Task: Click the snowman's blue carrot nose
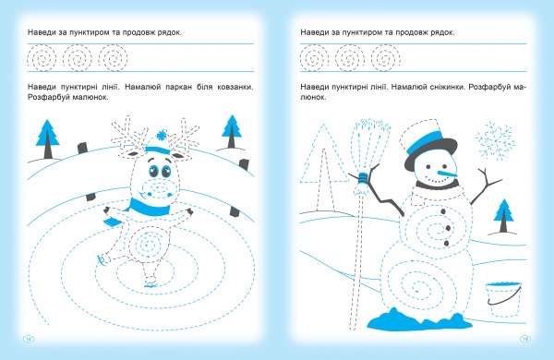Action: (448, 174)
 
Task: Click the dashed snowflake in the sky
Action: (494, 140)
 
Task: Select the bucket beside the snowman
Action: (504, 299)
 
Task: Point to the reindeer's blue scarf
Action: (149, 209)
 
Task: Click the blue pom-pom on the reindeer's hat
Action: (162, 135)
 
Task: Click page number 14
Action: (29, 339)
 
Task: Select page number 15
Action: (525, 339)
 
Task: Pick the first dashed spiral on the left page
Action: (42, 58)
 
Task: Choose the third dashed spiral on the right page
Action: (386, 58)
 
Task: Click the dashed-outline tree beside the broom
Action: (324, 166)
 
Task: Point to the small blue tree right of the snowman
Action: (503, 216)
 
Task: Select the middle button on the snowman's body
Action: (448, 228)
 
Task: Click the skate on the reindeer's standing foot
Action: (151, 283)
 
